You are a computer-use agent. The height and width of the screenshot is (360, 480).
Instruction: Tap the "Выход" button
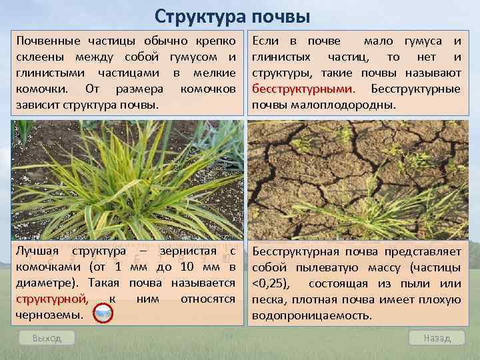[47, 338]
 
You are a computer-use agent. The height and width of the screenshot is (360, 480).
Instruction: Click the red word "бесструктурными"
[303, 89]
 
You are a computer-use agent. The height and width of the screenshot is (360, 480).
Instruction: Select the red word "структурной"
[51, 299]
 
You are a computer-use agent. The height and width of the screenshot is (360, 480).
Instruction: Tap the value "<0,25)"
[269, 283]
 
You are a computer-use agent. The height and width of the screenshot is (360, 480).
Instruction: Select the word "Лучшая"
[37, 252]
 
